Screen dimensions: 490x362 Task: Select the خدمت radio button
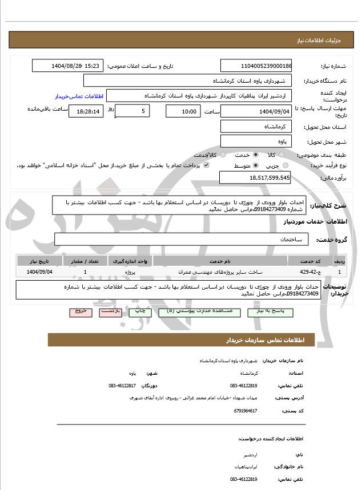(x=255, y=155)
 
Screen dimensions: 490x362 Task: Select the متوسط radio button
(x=255, y=165)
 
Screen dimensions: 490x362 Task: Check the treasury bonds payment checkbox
(x=206, y=165)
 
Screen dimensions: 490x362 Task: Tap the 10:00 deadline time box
(x=183, y=111)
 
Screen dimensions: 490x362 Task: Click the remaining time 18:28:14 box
(x=86, y=111)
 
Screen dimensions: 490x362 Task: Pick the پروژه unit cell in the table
(x=132, y=272)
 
